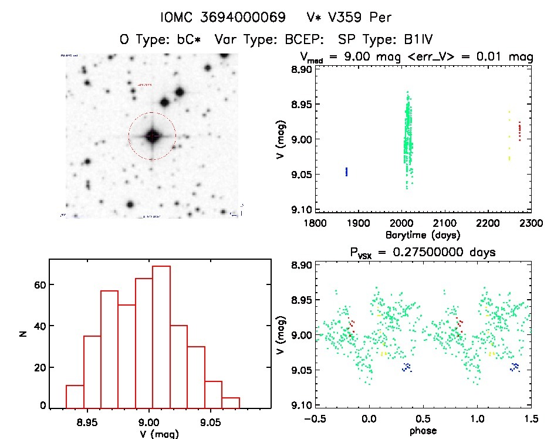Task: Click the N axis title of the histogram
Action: [x=23, y=333]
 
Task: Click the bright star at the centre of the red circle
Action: [x=152, y=136]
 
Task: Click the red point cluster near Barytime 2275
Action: [x=519, y=129]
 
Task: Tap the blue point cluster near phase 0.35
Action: [x=407, y=367]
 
